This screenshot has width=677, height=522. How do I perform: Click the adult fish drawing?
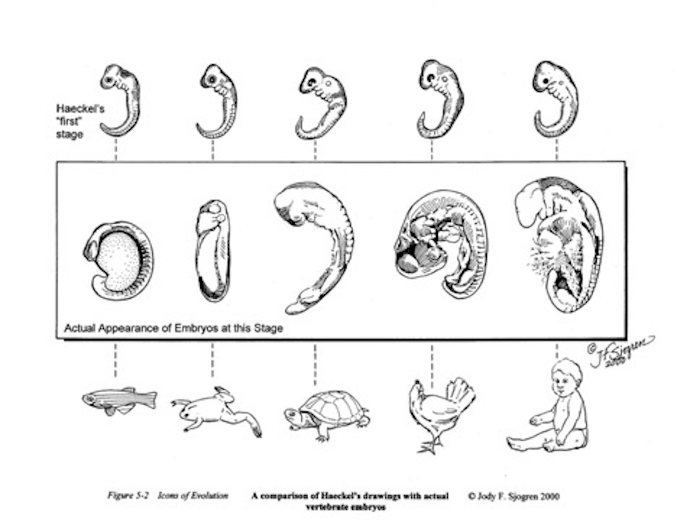pos(120,401)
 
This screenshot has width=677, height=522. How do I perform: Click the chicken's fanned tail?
pos(460,393)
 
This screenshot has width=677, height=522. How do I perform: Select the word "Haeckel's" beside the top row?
pos(80,109)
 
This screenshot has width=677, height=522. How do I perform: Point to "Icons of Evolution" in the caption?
pos(193,496)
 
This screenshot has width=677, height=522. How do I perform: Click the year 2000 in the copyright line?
pos(549,496)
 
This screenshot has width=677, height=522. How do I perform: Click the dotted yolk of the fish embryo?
pos(120,260)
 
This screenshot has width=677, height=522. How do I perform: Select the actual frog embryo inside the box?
pos(213,251)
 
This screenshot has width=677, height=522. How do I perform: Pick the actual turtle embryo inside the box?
pos(314,248)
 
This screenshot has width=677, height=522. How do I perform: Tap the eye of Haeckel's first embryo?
pos(109,79)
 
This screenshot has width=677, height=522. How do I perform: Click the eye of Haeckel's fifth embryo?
pos(546,81)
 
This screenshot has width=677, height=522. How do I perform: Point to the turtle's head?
pos(293,414)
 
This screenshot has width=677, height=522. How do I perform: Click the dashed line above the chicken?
pos(432,366)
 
